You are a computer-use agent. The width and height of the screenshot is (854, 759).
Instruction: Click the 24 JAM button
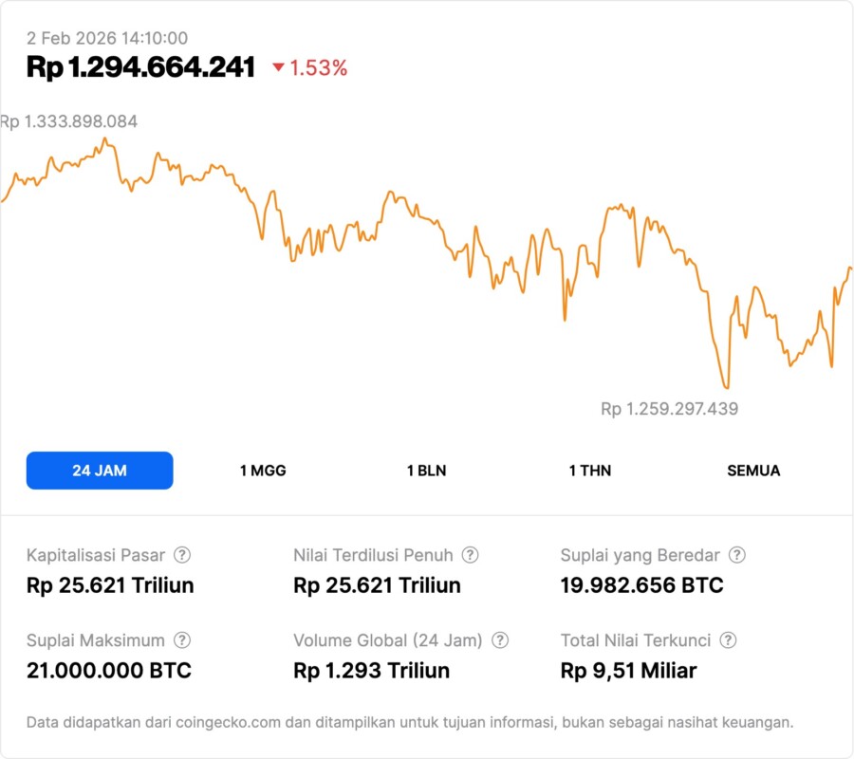100,471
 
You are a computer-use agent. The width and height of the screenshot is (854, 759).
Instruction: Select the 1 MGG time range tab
263,471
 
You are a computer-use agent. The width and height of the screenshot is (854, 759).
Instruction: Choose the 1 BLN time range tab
426,471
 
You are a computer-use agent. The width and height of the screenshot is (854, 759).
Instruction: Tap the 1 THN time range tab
590,471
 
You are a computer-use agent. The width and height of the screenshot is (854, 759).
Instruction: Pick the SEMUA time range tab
753,471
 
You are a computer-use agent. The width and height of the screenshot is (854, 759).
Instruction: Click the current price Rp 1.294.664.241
140,67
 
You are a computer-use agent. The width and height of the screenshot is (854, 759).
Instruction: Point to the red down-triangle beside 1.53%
278,67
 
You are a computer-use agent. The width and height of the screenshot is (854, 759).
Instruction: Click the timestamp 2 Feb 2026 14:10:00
107,38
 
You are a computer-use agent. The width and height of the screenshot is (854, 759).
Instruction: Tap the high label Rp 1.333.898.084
69,121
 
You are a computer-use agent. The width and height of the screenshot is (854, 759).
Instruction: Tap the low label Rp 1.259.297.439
669,409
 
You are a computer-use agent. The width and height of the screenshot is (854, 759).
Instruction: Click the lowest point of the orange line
727,387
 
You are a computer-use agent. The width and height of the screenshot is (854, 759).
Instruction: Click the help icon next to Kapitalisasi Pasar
182,555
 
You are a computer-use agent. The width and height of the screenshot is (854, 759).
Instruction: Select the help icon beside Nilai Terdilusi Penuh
470,555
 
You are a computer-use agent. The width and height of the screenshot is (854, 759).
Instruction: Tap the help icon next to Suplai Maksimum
182,640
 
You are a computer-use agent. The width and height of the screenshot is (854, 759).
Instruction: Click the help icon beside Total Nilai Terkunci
729,640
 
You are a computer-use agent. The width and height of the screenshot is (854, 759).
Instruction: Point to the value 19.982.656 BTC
641,585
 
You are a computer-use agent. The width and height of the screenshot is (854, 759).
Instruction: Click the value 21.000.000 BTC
109,671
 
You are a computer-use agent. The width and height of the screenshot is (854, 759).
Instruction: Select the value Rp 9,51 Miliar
628,671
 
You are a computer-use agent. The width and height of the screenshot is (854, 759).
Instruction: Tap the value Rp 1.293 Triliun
372,671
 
